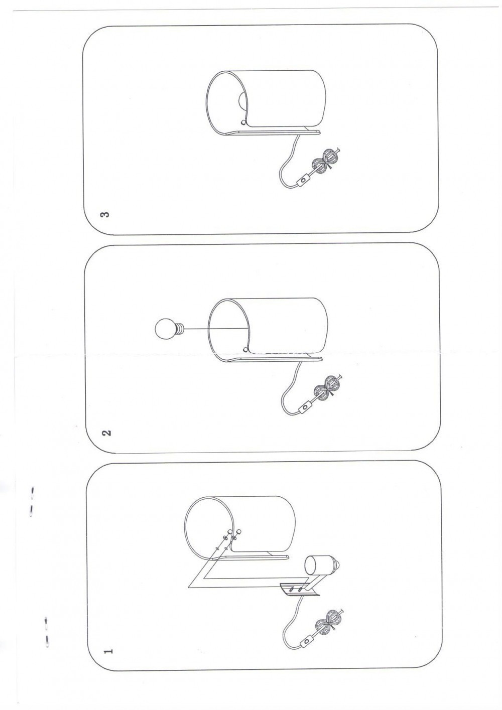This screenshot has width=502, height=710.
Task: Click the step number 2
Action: [x=108, y=433]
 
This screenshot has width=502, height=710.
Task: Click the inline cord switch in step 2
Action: [x=305, y=406]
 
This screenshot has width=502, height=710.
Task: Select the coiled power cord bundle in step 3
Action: [x=327, y=163]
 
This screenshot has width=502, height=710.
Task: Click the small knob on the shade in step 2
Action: [x=245, y=349]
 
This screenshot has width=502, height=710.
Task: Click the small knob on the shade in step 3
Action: [x=243, y=122]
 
